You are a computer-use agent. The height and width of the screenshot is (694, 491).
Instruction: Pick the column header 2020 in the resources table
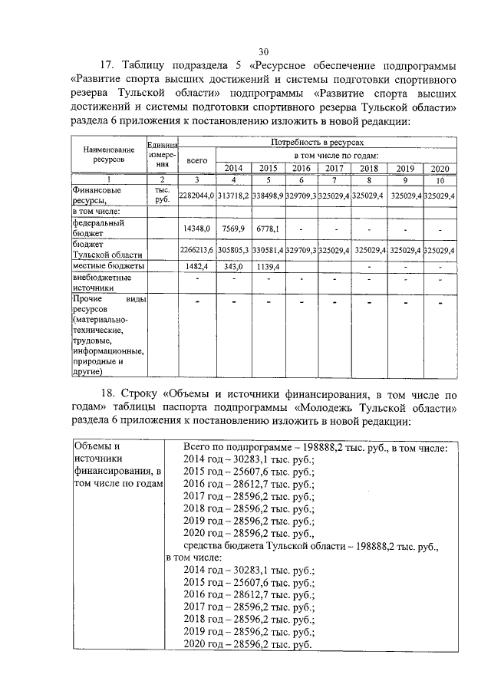click(439, 169)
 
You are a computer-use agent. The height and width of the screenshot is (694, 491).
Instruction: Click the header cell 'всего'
click(197, 162)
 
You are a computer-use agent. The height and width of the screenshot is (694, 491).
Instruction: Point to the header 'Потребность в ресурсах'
click(321, 143)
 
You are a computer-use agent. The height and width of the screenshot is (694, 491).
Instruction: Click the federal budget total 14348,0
click(197, 228)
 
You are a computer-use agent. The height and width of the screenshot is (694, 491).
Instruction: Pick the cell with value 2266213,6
click(196, 250)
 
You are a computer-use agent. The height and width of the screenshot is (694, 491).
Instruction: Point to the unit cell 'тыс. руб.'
click(162, 195)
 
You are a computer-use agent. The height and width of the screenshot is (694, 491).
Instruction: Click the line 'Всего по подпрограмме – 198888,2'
click(320, 447)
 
